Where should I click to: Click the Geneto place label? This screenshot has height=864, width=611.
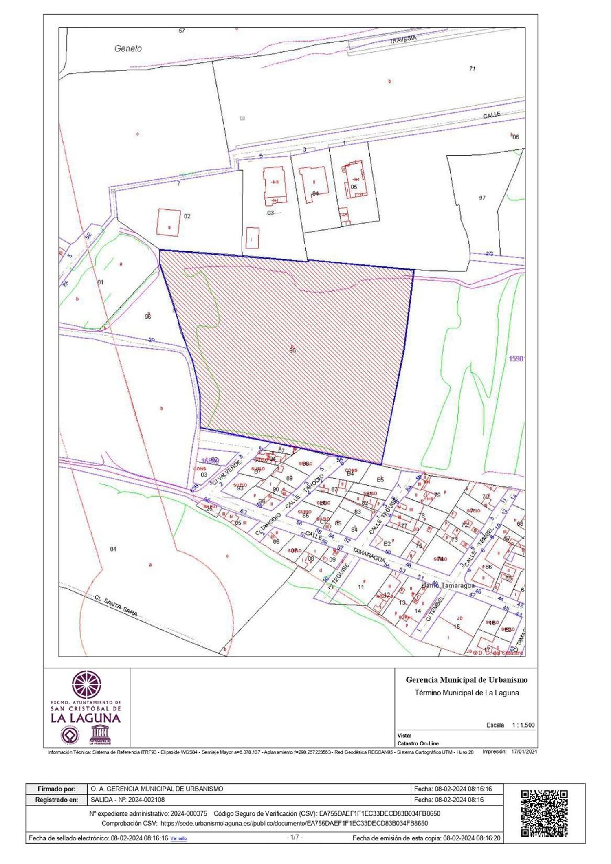pyautogui.click(x=128, y=48)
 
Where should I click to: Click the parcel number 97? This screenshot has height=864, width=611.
pyautogui.click(x=482, y=198)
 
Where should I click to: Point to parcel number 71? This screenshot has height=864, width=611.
pyautogui.click(x=472, y=69)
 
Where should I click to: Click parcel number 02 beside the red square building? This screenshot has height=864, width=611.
pyautogui.click(x=187, y=216)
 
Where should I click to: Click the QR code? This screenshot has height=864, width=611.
pyautogui.click(x=544, y=814)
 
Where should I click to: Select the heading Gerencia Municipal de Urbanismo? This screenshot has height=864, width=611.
pyautogui.click(x=466, y=679)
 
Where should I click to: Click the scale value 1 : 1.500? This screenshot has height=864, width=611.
pyautogui.click(x=523, y=725)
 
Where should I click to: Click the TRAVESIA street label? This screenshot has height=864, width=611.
pyautogui.click(x=403, y=39)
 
